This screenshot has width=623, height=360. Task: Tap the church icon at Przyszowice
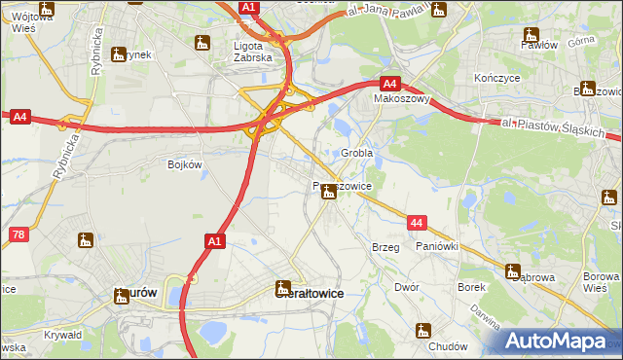329,193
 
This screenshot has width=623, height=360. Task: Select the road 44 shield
417,224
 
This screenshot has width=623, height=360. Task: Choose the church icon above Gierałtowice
283,288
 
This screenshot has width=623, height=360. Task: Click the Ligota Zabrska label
255,51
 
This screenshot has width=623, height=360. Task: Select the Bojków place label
185,164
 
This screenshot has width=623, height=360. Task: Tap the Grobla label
357,154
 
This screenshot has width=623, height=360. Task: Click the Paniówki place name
436,247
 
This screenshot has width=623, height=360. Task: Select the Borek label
471,288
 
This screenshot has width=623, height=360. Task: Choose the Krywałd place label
62,335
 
